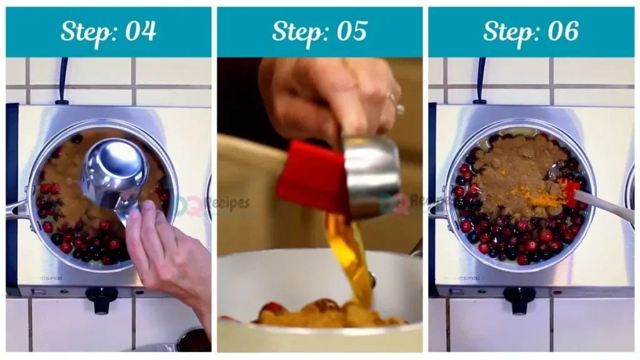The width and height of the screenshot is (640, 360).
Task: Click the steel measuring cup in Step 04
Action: [114, 172]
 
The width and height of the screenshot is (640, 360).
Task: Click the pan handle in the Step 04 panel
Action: [17, 209]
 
